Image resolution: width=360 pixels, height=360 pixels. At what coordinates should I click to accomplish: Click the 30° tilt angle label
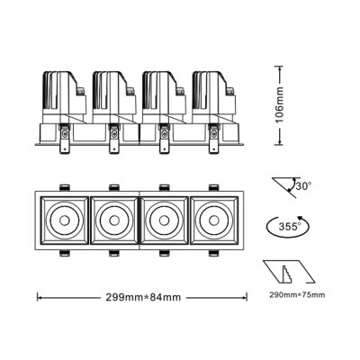[303, 185]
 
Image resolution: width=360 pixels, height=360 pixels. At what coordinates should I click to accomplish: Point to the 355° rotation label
[288, 225]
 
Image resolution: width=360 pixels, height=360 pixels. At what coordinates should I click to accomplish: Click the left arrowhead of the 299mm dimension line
[38, 294]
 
